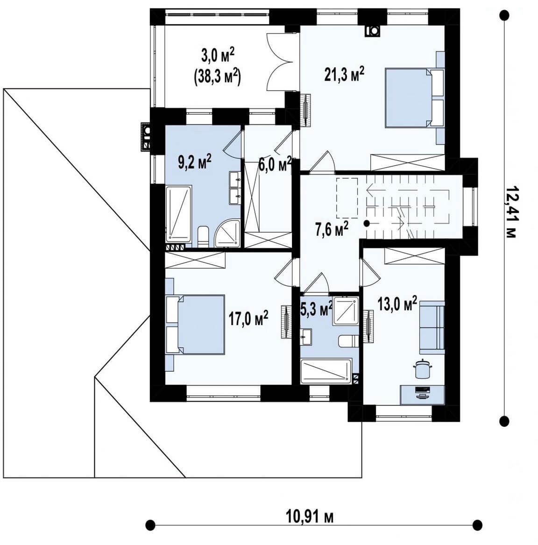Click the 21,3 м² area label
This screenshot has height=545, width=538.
click(344, 75)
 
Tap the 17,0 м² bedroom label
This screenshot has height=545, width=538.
click(248, 318)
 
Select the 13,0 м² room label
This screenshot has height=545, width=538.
click(397, 304)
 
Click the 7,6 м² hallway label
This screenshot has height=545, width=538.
click(332, 230)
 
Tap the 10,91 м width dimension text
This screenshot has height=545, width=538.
click(310, 517)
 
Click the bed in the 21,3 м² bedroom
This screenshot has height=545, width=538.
click(415, 98)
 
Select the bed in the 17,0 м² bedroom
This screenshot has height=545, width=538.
click(195, 325)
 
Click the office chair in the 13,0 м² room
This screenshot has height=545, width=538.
click(422, 368)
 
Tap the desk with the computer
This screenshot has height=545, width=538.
click(423, 395)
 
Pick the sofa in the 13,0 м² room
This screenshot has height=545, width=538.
click(432, 327)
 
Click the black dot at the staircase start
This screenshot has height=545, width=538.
click(367, 223)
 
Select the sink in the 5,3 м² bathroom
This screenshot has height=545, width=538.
click(306, 337)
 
